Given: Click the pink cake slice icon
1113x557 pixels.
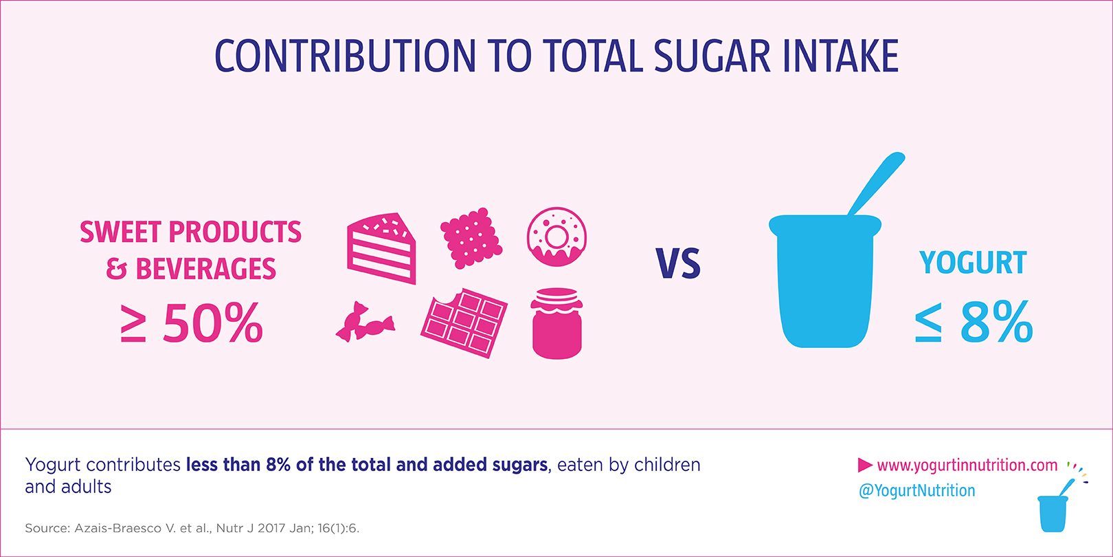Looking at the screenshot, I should (x=381, y=249).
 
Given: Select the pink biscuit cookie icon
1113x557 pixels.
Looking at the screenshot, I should (x=471, y=237).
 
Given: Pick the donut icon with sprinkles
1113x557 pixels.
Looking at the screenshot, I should (x=556, y=237).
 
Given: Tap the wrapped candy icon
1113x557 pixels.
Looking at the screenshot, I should (x=365, y=322).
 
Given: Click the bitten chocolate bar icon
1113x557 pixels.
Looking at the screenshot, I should (x=464, y=323).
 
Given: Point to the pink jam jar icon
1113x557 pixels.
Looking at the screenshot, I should (x=556, y=323).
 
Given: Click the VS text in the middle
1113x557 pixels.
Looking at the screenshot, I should (x=677, y=264).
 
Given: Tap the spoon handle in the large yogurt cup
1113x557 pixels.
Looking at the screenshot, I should (x=877, y=182).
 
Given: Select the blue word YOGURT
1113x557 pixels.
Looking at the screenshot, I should (x=973, y=263).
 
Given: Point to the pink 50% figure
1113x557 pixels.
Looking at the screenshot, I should (x=213, y=323).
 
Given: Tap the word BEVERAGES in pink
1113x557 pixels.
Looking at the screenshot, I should (x=205, y=269).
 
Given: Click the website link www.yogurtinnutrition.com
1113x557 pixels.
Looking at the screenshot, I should (x=967, y=466).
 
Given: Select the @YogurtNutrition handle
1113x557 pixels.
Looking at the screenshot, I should (x=917, y=491).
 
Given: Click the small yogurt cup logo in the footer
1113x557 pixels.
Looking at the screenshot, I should (x=1053, y=512).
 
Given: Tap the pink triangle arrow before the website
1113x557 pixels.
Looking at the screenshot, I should (x=864, y=466).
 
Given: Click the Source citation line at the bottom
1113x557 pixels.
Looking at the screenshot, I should (x=192, y=528).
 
